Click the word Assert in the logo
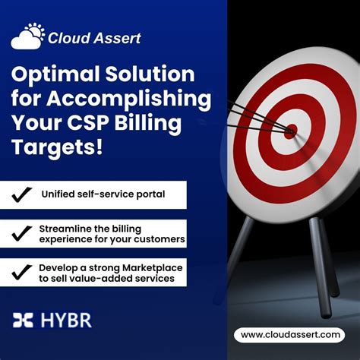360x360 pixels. (x=115, y=37)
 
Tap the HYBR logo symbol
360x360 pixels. (x=23, y=320)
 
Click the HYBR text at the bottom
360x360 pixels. (x=65, y=320)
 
